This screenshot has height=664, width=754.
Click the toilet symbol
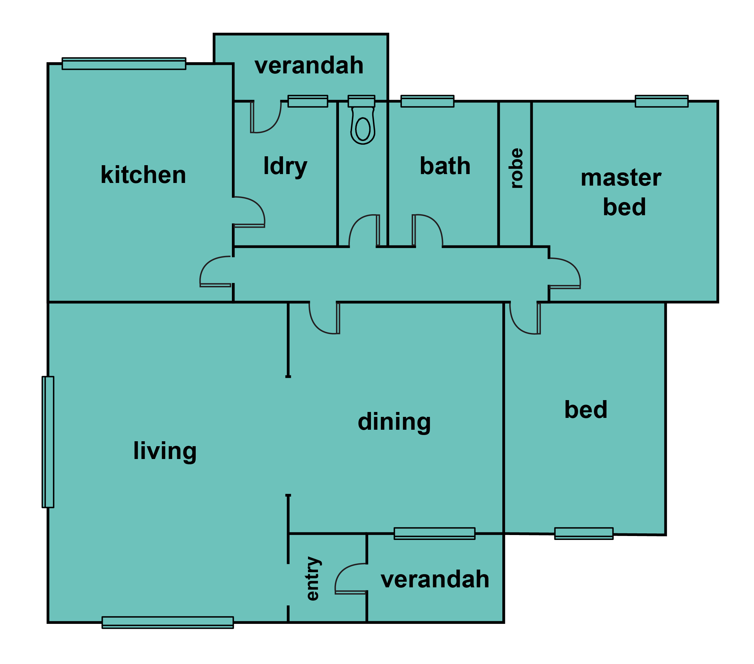tap(363, 125)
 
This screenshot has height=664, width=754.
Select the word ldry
tap(285, 166)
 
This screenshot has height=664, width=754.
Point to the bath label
tap(445, 166)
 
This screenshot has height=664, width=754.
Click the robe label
tap(516, 168)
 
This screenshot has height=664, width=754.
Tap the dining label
tap(394, 422)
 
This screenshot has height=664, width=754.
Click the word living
tap(165, 451)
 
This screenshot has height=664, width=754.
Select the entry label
tap(313, 578)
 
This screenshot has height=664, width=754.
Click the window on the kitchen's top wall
tap(124, 64)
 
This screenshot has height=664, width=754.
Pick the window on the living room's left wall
tap(48, 442)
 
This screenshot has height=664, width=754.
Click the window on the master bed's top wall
tap(661, 101)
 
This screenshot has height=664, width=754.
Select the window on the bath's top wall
tap(427, 101)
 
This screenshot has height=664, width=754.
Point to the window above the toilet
tap(361, 101)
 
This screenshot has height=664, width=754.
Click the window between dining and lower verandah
tap(434, 534)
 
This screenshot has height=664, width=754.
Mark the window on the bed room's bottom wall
tap(584, 534)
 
